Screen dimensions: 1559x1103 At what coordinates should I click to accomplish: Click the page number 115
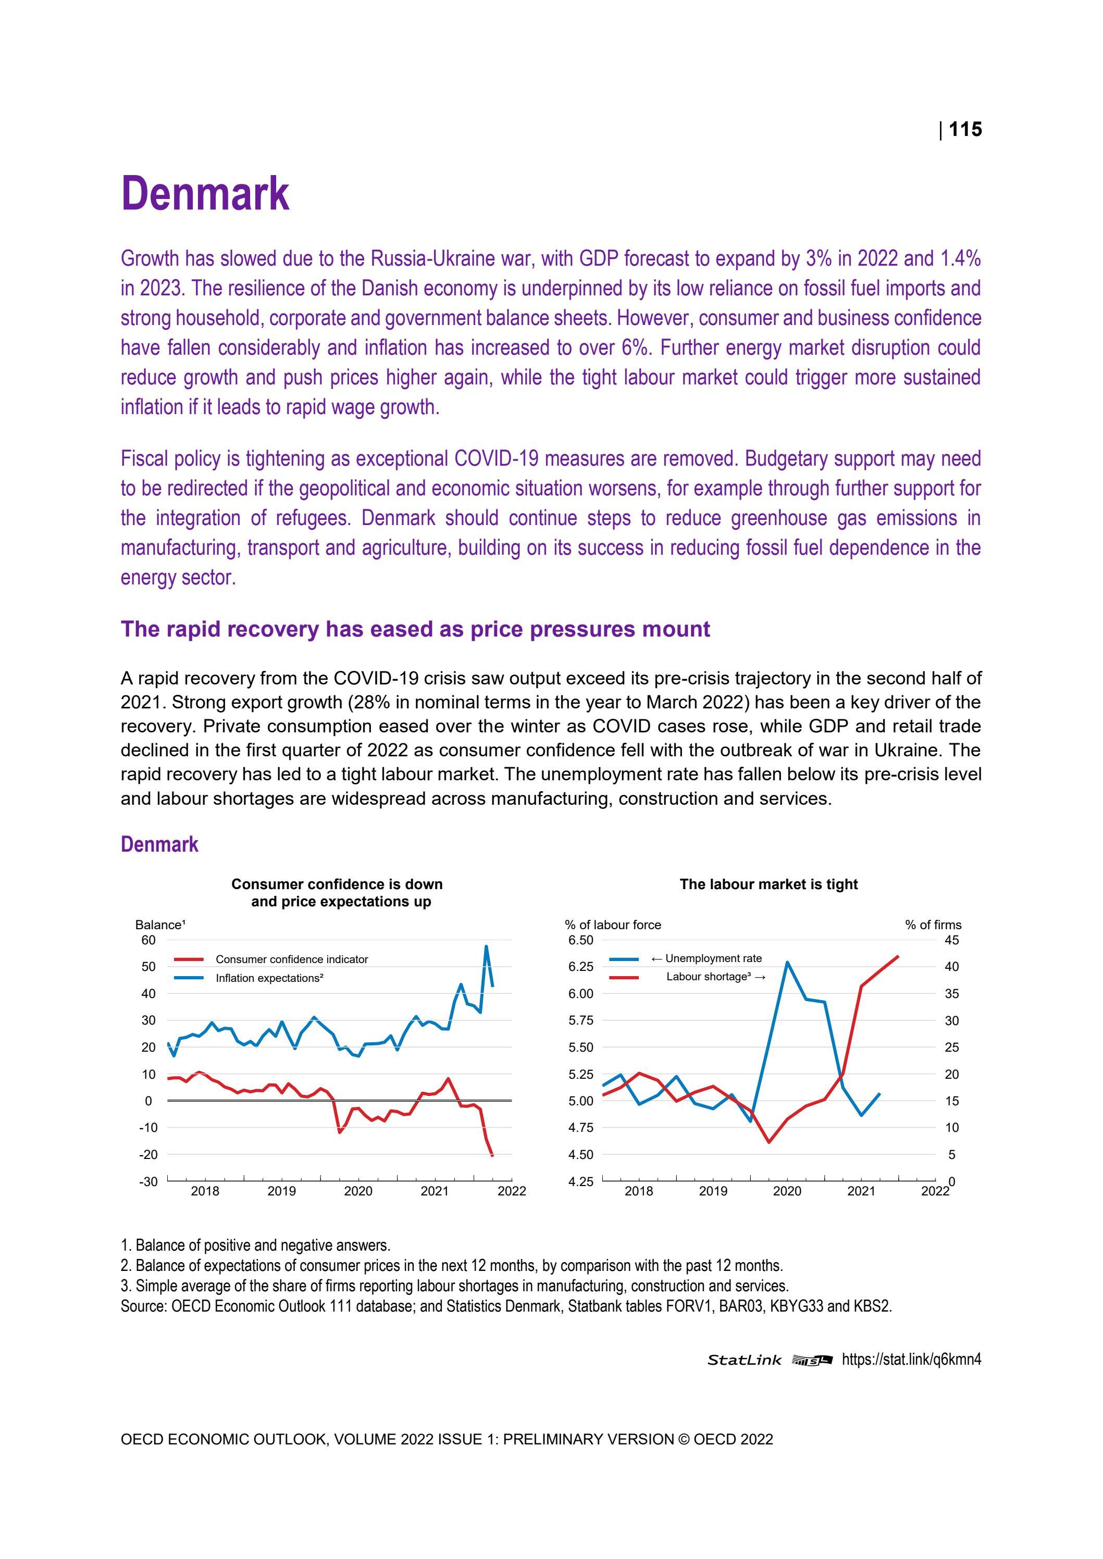click(964, 129)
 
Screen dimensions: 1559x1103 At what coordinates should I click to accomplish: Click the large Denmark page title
click(205, 194)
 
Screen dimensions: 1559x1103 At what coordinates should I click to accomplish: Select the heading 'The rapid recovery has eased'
click(415, 629)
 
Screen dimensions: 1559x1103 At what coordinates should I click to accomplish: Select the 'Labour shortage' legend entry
click(715, 977)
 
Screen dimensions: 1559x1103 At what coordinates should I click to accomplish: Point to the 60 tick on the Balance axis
click(148, 940)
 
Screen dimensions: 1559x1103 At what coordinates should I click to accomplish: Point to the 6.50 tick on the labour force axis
click(581, 940)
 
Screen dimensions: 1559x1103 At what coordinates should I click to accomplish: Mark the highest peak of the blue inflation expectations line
click(486, 946)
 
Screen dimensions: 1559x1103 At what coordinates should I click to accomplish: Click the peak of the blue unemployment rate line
click(787, 962)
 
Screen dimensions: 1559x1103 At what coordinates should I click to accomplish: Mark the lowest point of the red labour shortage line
click(769, 1142)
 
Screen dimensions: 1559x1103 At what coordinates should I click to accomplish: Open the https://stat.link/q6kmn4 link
click(911, 1358)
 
